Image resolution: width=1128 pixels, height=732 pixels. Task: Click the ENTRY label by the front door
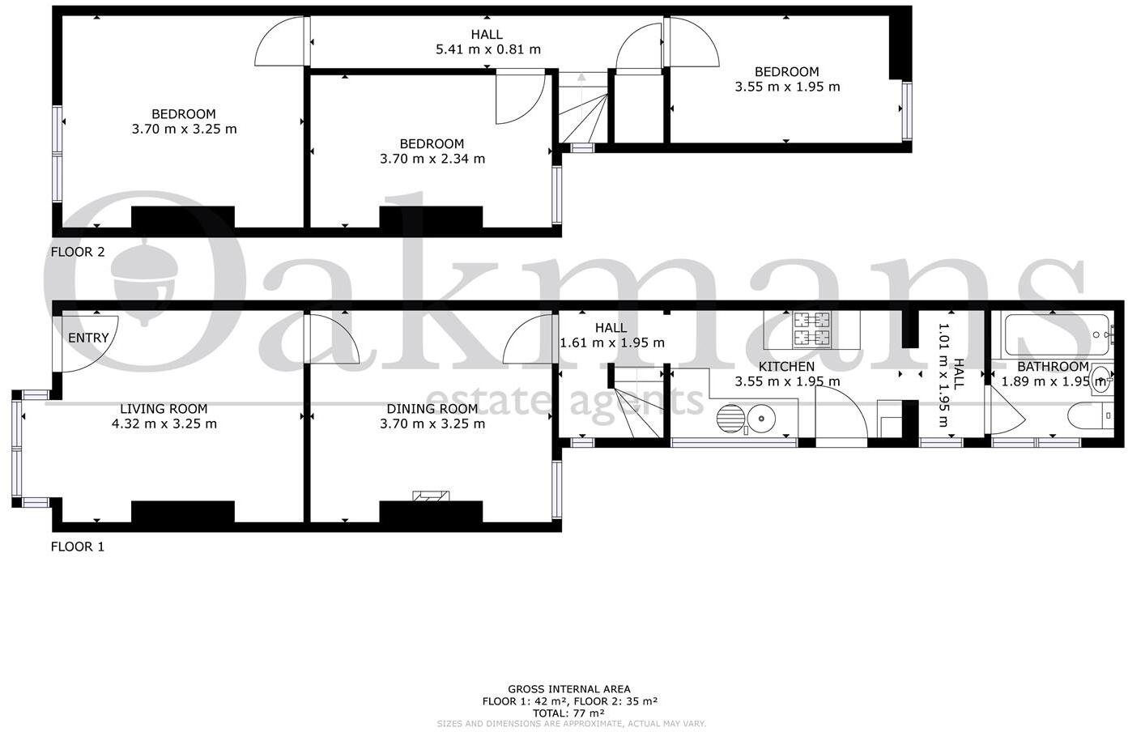tap(88, 338)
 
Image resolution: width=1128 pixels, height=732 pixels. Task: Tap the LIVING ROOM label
tap(164, 409)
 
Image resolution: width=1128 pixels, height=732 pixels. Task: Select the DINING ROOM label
tap(432, 409)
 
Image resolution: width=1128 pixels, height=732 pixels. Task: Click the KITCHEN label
tap(786, 367)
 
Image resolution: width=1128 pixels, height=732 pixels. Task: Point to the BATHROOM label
tap(1053, 367)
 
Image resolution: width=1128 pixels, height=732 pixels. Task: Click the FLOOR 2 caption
tap(78, 252)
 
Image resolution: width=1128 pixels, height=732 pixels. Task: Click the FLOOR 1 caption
tap(78, 547)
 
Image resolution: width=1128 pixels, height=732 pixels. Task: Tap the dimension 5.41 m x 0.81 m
tap(487, 49)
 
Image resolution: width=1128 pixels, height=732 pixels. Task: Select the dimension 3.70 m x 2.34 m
tap(432, 159)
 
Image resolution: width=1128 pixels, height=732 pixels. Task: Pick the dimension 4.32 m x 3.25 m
tap(164, 423)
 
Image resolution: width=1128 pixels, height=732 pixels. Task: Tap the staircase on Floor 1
tap(637, 408)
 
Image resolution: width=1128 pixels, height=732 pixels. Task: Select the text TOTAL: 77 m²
tap(568, 713)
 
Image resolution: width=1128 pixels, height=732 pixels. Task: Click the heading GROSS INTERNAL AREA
tap(568, 690)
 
